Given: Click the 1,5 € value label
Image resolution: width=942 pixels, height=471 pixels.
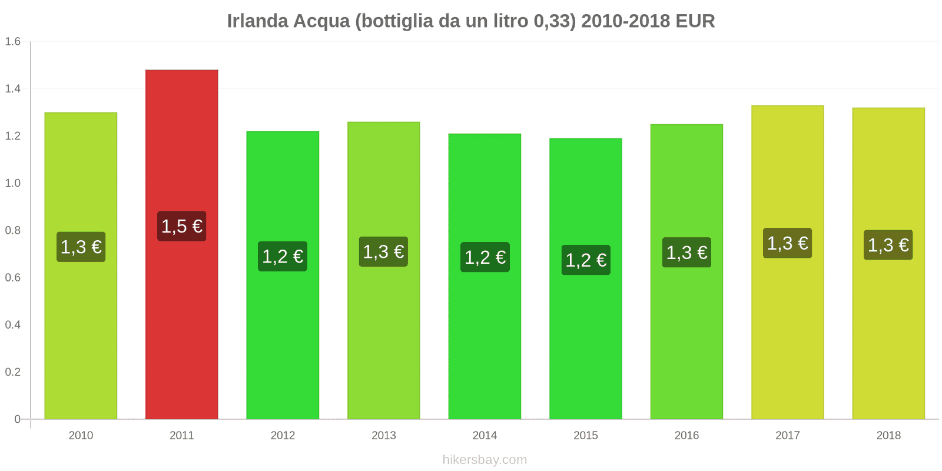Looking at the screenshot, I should click(181, 226).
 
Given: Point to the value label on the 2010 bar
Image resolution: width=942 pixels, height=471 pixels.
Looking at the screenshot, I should click(81, 247).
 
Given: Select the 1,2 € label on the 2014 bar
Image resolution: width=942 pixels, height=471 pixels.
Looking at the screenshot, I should click(485, 257).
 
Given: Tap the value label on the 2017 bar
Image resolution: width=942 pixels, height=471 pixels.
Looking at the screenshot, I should click(787, 243).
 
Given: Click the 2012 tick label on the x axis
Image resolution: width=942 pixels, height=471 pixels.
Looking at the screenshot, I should click(283, 436).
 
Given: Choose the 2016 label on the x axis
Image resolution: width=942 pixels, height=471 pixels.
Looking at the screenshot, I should click(686, 436).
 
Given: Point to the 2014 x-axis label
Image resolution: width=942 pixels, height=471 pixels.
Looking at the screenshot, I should click(485, 436).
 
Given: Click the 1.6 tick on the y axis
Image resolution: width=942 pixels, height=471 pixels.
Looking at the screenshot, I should click(13, 42).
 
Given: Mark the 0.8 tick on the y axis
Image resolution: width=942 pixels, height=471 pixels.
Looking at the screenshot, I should click(13, 230).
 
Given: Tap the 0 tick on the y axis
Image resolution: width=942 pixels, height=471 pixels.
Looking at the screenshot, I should click(18, 419).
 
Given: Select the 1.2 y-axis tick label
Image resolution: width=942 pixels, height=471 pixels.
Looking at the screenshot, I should click(13, 136).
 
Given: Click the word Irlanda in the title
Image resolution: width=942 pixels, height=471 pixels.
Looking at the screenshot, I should click(257, 21).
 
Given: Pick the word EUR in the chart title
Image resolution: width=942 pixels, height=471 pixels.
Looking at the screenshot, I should click(695, 21).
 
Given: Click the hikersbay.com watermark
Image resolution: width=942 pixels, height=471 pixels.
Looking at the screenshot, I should click(485, 460).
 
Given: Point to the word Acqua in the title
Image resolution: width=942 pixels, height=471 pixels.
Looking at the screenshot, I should click(321, 21).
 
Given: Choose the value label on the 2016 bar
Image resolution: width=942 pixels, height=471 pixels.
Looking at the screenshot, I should click(686, 253).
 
